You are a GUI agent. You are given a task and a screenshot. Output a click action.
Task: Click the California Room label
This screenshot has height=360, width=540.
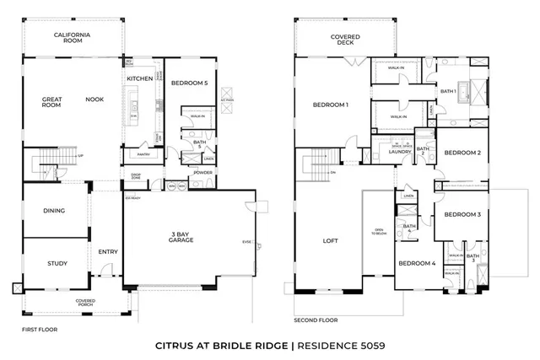(73, 37)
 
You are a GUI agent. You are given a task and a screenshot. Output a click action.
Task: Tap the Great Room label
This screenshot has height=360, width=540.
(52, 102)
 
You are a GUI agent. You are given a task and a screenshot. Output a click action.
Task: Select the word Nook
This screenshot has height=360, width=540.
(94, 99)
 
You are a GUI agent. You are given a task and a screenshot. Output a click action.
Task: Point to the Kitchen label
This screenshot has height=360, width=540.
(139, 78)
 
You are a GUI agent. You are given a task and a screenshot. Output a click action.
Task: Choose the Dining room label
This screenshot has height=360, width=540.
(54, 211)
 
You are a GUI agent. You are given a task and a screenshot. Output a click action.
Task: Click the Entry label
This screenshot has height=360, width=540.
(108, 251)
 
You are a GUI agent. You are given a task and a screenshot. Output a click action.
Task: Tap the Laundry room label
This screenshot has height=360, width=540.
(399, 152)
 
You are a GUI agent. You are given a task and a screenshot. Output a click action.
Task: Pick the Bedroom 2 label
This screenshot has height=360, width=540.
(462, 153)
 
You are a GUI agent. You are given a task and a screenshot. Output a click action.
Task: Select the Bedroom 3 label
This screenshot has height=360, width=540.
(462, 214)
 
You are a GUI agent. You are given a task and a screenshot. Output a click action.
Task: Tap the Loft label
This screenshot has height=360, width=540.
(330, 240)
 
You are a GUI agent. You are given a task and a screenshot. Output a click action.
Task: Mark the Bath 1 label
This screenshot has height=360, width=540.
(448, 90)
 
